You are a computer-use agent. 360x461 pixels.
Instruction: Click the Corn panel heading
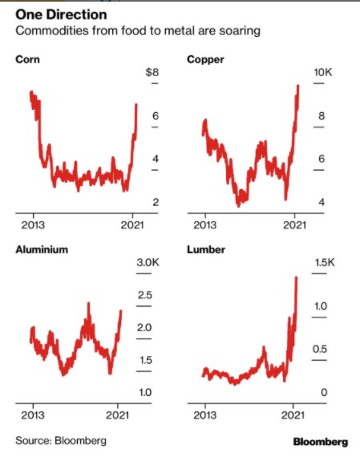point(29,60)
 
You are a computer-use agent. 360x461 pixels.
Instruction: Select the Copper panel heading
point(204,60)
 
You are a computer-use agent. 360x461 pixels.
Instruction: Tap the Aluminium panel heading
point(42,249)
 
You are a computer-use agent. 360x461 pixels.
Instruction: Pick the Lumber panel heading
point(206,249)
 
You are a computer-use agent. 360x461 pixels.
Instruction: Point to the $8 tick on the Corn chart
point(151,73)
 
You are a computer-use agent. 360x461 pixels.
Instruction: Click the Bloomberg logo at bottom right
point(320,442)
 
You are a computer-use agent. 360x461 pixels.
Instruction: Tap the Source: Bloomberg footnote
point(61,441)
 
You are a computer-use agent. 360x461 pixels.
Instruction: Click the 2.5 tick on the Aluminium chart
point(144,295)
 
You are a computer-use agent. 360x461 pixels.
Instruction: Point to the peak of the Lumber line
point(297,277)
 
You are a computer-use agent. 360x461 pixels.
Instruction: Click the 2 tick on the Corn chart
point(156,202)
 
